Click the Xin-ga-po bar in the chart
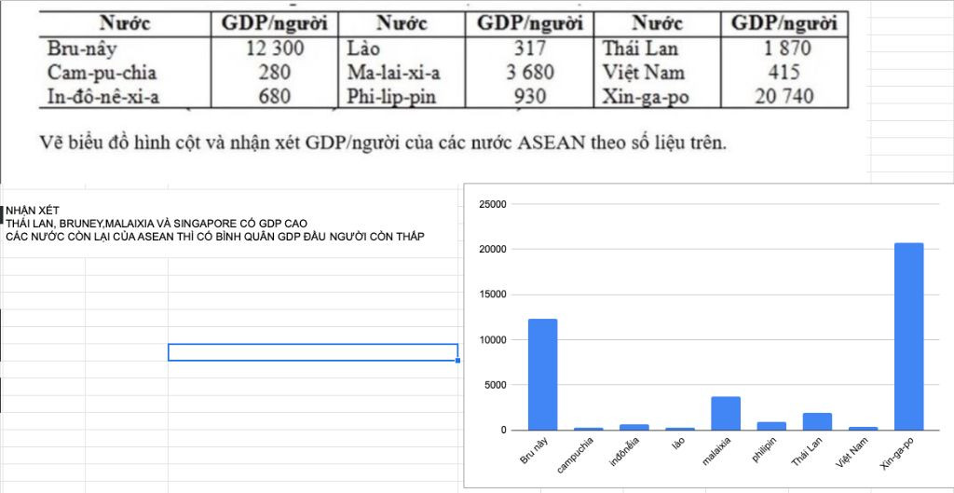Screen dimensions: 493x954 pyautogui.click(x=908, y=336)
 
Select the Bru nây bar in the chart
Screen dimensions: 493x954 pyautogui.click(x=542, y=375)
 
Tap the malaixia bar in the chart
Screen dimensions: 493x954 pyautogui.click(x=725, y=414)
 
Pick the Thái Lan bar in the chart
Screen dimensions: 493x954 pyautogui.click(x=816, y=421)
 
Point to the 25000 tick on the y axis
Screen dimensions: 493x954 pyautogui.click(x=491, y=204)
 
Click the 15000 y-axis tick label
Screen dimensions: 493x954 pyautogui.click(x=491, y=294)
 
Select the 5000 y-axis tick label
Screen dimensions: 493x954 pyautogui.click(x=495, y=385)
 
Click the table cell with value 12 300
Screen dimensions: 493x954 pyautogui.click(x=275, y=48)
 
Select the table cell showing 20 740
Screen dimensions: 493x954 pyautogui.click(x=784, y=95)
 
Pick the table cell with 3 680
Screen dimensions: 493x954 pyautogui.click(x=529, y=72)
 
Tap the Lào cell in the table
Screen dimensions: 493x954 pyautogui.click(x=363, y=48)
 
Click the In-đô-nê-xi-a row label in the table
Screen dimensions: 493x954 pyautogui.click(x=102, y=95)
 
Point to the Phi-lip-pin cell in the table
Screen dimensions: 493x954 pyautogui.click(x=390, y=95)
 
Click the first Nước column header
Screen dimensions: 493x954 pyautogui.click(x=125, y=23)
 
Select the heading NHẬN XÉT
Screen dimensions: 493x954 pyautogui.click(x=33, y=212)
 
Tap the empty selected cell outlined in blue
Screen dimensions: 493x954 pyautogui.click(x=312, y=352)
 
